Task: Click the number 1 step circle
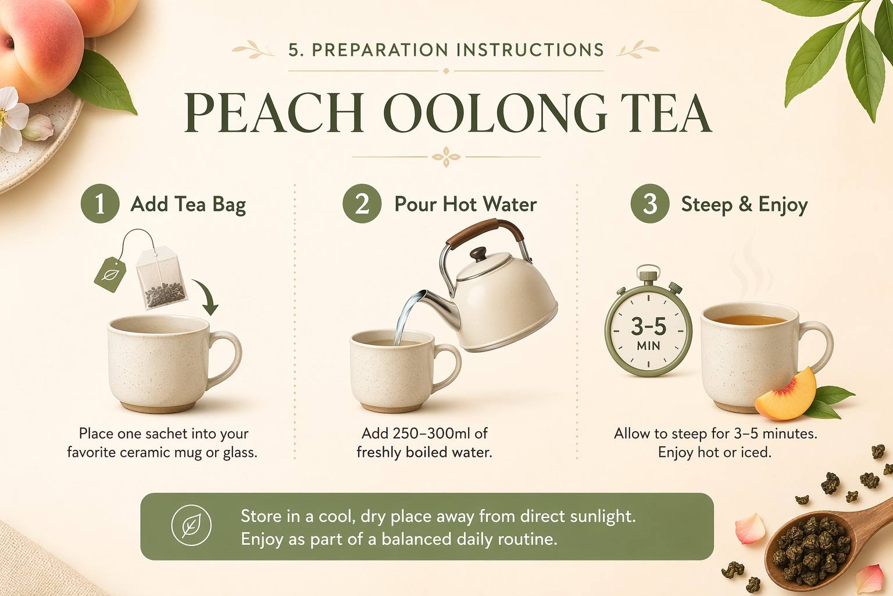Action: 99,204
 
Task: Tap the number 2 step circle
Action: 362,204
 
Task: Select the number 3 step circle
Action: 649,204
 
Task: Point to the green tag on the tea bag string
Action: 110,274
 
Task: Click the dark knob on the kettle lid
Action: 478,254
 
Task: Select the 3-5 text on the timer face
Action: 648,327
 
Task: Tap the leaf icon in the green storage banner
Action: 191,526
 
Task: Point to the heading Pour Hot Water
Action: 465,204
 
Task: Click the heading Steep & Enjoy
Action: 744,204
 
